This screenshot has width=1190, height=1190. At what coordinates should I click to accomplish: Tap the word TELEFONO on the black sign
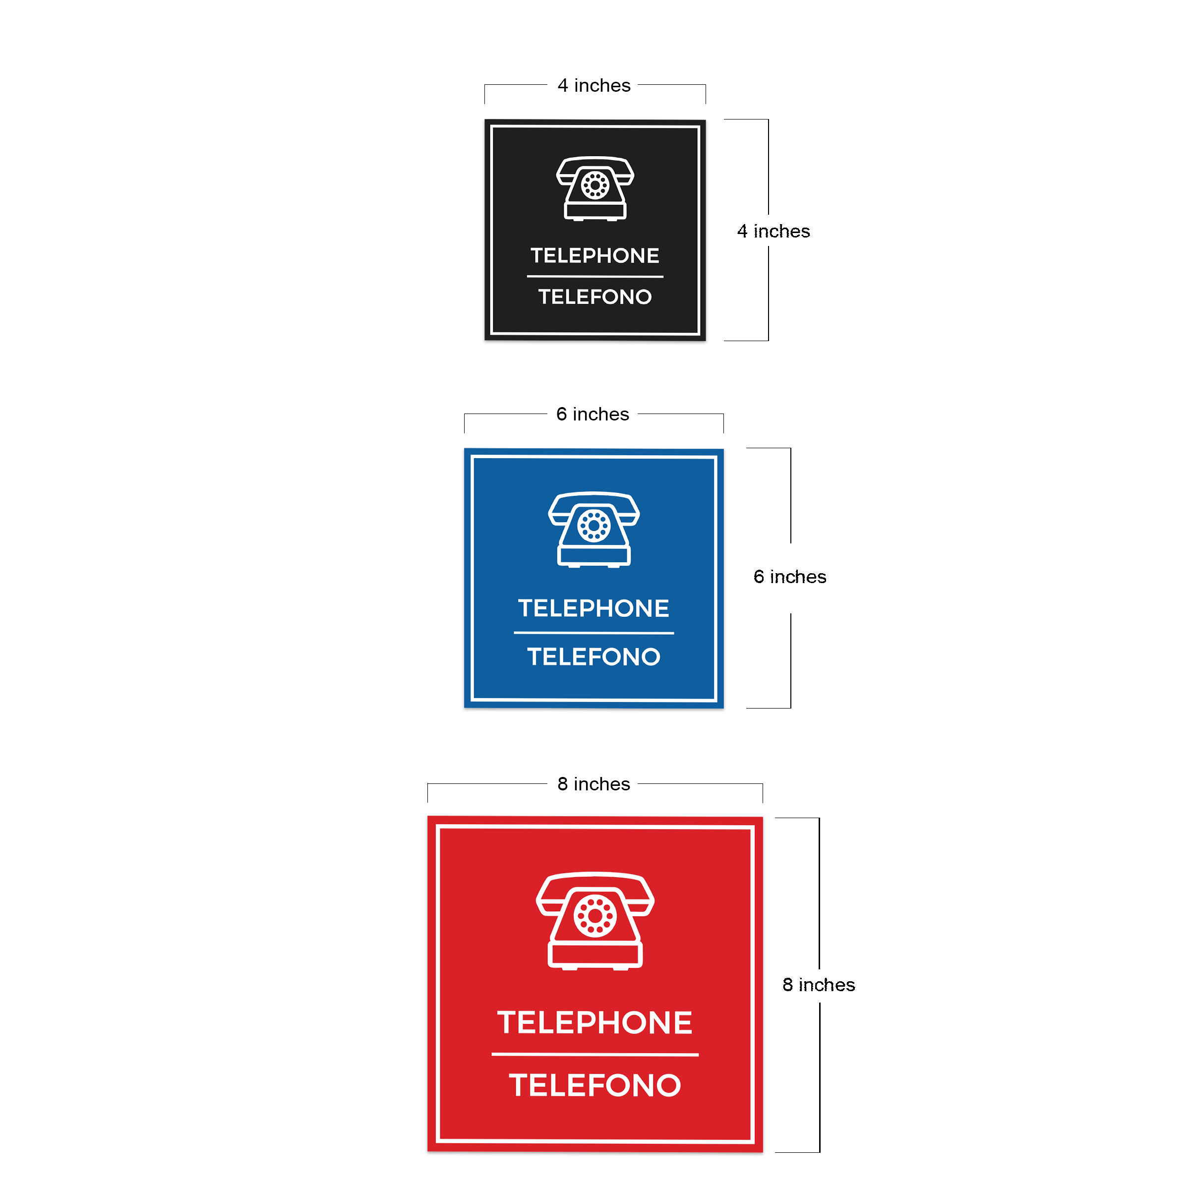click(x=595, y=297)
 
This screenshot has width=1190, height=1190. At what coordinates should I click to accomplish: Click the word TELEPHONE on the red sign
click(x=595, y=1022)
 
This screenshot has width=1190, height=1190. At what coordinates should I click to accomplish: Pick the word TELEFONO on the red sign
click(x=595, y=1085)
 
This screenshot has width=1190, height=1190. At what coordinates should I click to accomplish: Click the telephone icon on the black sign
click(x=595, y=188)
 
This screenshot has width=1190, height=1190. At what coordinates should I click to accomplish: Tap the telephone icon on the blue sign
click(x=594, y=530)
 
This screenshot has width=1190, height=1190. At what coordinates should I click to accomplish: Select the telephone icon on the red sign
click(x=595, y=921)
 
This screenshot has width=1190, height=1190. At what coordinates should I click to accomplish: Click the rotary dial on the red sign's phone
click(x=595, y=916)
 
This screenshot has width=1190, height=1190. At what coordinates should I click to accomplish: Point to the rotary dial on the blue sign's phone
click(x=594, y=526)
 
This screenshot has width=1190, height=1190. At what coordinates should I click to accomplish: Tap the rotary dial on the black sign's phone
click(x=595, y=185)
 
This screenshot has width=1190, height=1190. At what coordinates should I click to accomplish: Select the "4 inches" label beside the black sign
click(x=773, y=231)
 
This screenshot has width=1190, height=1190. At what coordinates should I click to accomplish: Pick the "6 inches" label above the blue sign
click(x=593, y=414)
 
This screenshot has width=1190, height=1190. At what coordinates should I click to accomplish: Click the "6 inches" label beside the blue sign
click(x=790, y=577)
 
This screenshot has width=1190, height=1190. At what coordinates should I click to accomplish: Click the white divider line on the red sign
click(x=595, y=1055)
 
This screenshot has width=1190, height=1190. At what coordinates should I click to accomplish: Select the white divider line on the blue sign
click(x=594, y=633)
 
